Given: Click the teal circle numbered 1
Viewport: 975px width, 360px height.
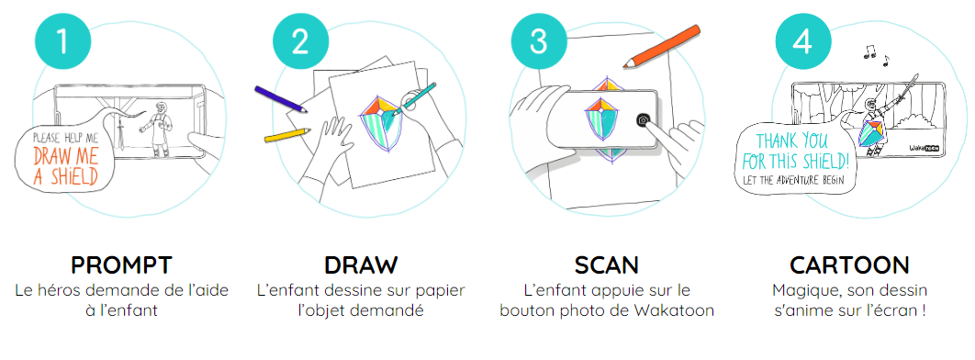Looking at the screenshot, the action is pyautogui.click(x=62, y=41).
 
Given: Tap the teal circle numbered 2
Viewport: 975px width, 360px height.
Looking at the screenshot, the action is pyautogui.click(x=301, y=41).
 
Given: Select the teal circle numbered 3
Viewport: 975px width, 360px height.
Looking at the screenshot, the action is pyautogui.click(x=539, y=41).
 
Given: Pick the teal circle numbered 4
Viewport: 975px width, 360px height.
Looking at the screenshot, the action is pyautogui.click(x=803, y=41).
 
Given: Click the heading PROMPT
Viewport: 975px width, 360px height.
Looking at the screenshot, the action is pyautogui.click(x=121, y=265).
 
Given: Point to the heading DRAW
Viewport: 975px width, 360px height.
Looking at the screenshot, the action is pyautogui.click(x=361, y=265).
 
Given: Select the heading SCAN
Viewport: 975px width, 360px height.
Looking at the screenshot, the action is pyautogui.click(x=606, y=265).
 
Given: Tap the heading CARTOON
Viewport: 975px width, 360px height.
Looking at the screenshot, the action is pyautogui.click(x=849, y=265).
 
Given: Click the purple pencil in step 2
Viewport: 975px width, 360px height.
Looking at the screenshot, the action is pyautogui.click(x=281, y=99).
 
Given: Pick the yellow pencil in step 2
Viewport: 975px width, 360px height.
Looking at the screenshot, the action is pyautogui.click(x=287, y=135).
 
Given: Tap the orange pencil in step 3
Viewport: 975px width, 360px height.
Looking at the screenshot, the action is pyautogui.click(x=662, y=46).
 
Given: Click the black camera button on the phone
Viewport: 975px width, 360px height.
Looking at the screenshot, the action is pyautogui.click(x=644, y=120).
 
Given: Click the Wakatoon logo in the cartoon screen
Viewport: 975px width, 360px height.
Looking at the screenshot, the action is pyautogui.click(x=924, y=149).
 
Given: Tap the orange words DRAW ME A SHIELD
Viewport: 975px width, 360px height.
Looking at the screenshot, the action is pyautogui.click(x=65, y=165).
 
